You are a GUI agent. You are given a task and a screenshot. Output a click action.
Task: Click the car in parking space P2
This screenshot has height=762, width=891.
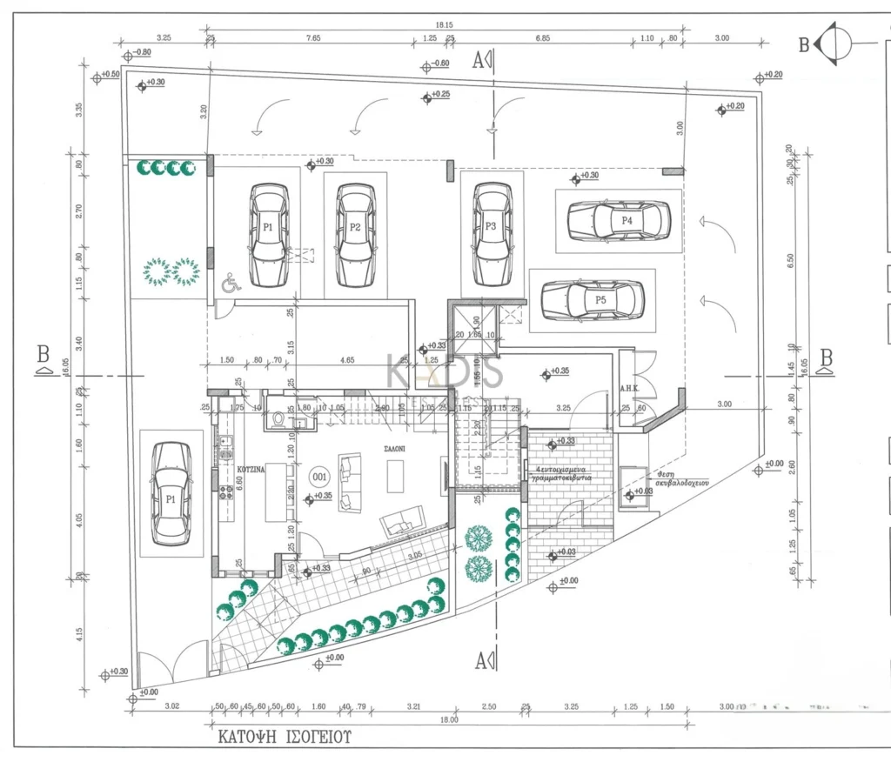tap(355, 235)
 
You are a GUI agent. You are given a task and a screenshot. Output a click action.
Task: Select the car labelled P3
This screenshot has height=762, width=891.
tap(492, 232)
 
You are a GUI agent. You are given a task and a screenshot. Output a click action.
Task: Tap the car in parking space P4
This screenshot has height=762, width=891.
tap(619, 221)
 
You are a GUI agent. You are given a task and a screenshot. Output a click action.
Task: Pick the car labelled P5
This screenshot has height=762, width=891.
tap(593, 300)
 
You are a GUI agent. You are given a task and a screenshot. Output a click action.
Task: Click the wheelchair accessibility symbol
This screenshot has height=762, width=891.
tap(231, 284)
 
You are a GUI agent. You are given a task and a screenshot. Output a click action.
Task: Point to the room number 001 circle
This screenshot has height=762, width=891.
tap(319, 477)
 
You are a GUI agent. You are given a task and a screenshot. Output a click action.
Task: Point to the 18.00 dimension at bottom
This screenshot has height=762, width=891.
tap(450, 721)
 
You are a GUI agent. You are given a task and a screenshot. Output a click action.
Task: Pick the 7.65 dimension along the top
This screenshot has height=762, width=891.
tap(312, 38)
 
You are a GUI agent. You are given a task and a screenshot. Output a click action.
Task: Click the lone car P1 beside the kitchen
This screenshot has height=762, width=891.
tap(171, 493)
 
